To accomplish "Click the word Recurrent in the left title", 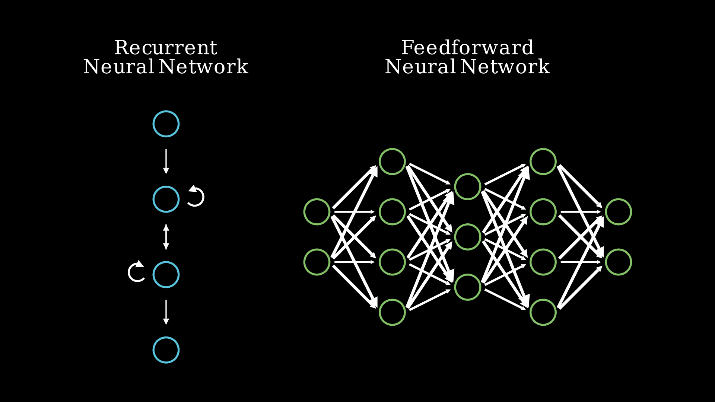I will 165,48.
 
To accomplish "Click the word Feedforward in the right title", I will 467,48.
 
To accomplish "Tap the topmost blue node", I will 166,124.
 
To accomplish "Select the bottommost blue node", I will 166,350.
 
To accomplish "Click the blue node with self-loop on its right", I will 166,199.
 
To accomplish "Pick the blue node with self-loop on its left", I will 166,275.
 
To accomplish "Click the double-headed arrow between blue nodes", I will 166,237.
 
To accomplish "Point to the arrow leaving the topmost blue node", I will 166,161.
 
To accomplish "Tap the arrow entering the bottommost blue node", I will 166,312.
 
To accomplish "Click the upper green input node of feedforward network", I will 317,212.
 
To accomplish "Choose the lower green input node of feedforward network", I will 317,262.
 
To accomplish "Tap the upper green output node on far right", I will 619,212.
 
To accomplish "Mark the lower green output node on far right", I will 619,262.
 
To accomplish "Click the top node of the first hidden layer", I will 392,162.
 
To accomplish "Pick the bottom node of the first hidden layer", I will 392,312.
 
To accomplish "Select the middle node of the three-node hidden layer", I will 468,237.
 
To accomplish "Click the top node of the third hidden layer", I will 543,162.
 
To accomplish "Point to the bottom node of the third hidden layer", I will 543,312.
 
